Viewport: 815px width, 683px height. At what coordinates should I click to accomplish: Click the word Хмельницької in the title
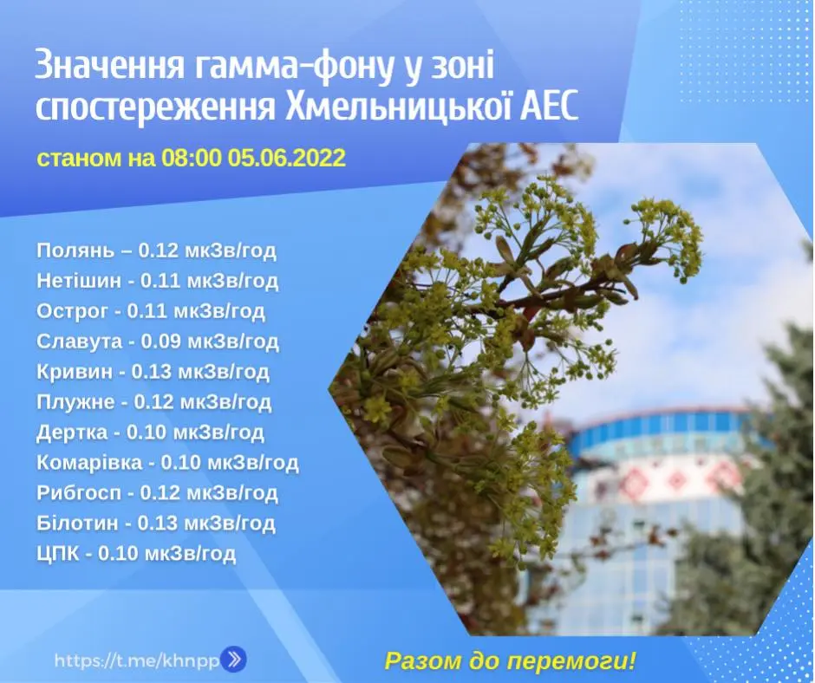click(396, 108)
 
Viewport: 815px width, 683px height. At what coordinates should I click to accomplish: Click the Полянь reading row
click(156, 250)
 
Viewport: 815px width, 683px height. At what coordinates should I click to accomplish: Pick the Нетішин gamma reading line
click(158, 281)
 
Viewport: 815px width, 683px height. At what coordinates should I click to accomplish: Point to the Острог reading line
click(151, 311)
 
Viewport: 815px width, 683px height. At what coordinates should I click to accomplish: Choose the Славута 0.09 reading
click(158, 341)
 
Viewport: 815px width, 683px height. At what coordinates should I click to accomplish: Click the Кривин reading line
click(153, 371)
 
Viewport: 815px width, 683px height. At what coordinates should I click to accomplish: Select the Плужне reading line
click(153, 402)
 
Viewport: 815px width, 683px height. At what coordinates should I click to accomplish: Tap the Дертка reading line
click(150, 432)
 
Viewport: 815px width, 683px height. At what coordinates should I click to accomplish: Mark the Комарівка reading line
click(167, 462)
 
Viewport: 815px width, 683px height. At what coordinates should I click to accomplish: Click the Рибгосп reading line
click(157, 492)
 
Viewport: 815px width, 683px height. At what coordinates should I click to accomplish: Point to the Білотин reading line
click(156, 523)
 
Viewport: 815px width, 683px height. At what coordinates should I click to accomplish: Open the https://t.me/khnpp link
click(137, 660)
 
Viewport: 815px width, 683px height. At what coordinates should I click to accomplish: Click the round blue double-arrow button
click(234, 660)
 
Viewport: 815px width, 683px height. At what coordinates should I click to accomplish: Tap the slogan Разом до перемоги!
click(511, 661)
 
